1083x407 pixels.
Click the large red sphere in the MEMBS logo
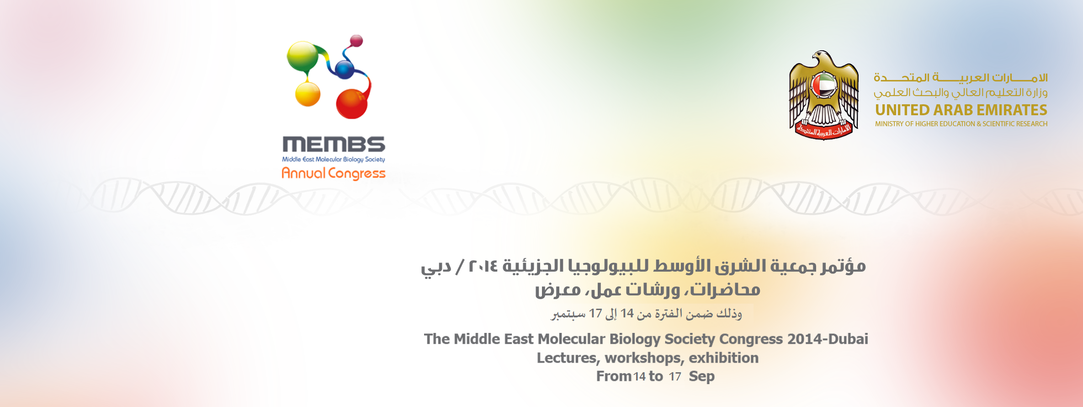point(352,104)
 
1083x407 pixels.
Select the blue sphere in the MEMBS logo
point(345,69)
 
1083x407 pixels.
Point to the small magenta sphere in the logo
point(356,41)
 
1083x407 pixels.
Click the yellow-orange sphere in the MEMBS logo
point(308,94)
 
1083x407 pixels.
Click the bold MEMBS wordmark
point(334,144)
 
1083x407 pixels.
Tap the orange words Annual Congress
point(334,173)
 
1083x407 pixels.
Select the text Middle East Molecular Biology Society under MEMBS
point(334,159)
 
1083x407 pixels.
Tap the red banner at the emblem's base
point(824,131)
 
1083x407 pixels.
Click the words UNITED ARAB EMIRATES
point(961,110)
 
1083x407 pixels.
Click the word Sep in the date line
point(702,377)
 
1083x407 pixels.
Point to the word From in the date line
point(614,376)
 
